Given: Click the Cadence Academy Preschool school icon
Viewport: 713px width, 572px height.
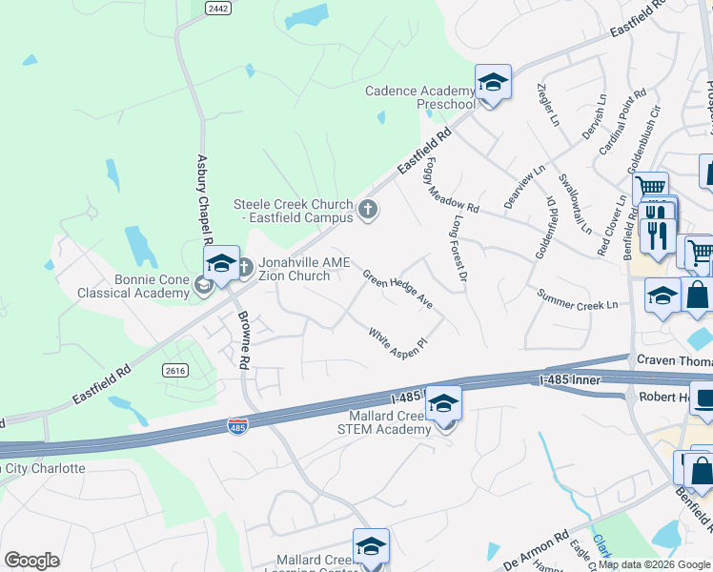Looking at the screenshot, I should (x=493, y=83).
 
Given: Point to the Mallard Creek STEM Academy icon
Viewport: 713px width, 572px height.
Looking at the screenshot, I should (x=443, y=405).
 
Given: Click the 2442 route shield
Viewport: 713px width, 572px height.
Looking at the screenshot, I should (x=218, y=8).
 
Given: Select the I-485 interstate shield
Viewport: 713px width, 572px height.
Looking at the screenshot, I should (x=237, y=425).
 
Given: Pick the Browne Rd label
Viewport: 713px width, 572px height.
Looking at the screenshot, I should (x=243, y=339).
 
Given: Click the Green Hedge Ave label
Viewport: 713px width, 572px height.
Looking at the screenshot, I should (x=397, y=292).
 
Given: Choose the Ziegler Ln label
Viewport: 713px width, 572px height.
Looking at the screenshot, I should (x=547, y=106).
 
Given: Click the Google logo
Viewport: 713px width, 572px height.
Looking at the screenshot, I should (x=31, y=561).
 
